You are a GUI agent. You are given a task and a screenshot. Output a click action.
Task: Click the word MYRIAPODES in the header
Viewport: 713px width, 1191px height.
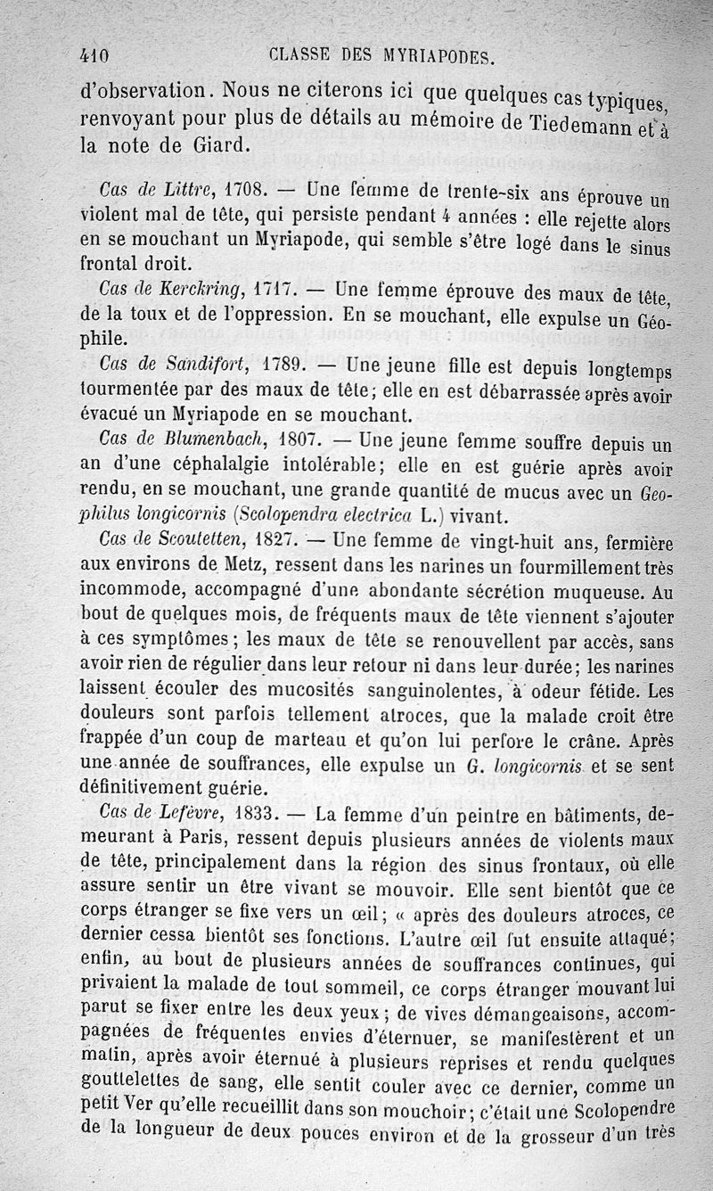[x=430, y=58]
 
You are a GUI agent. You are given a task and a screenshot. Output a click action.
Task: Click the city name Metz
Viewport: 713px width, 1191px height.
[x=221, y=564]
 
